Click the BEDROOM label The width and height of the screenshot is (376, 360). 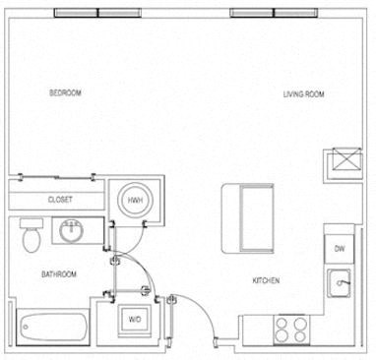65,92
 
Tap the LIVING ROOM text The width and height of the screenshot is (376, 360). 304,94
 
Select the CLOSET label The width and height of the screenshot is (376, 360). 60,199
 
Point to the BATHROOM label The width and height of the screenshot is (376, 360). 59,273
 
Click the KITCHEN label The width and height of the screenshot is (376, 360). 267,281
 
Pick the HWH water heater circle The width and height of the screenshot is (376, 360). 135,199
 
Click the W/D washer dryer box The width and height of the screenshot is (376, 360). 134,320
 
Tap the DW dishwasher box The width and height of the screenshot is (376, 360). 339,249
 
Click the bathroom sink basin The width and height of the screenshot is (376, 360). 71,233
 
